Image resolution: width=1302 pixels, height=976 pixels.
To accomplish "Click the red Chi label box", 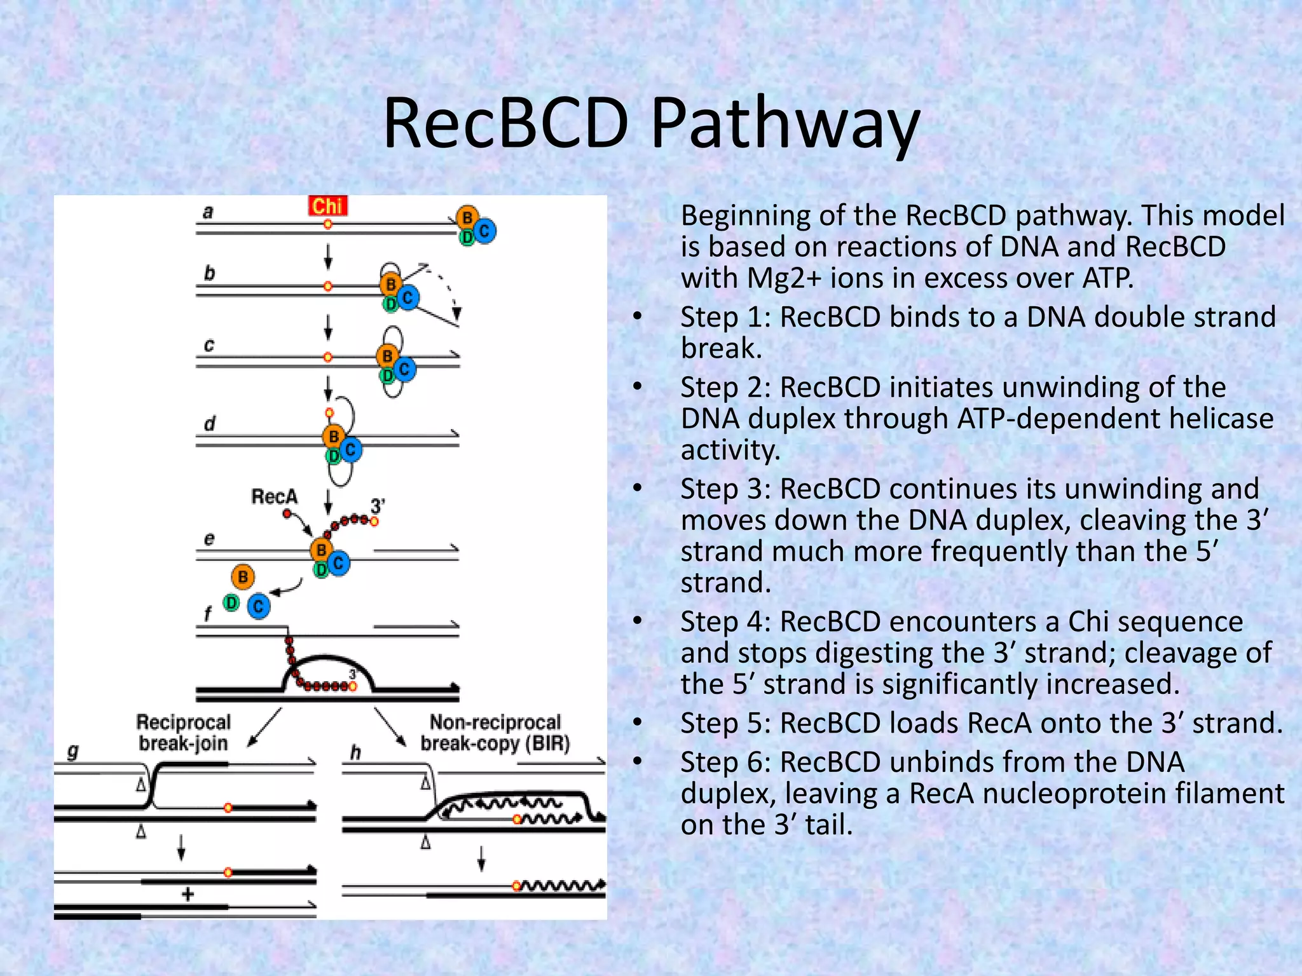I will [327, 206].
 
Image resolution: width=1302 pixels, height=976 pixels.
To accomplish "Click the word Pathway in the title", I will [785, 124].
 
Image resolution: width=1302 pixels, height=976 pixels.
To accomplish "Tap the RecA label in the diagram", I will [274, 496].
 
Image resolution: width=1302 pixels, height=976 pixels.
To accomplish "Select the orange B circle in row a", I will [467, 218].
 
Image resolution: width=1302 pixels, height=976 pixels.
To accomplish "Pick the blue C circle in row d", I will [350, 450].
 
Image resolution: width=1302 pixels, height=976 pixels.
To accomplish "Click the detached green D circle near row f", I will [231, 602].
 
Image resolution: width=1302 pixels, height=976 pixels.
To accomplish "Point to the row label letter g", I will [73, 752].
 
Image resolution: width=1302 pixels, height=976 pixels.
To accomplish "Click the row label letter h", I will [355, 752].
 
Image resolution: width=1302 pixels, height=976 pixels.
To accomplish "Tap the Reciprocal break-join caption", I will [183, 733].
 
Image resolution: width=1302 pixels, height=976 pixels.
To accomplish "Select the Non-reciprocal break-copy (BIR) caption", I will [495, 733].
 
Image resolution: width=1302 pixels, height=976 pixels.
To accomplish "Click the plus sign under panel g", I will [188, 895].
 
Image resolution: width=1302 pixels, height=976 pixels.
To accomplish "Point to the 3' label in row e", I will [378, 506].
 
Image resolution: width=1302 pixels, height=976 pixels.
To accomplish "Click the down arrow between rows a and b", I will [328, 255].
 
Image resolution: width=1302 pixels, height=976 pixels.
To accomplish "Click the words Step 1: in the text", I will [725, 317].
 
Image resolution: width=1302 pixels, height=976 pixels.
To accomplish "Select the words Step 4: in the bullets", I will [725, 621].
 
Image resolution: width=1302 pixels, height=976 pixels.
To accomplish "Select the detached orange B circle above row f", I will [243, 577].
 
